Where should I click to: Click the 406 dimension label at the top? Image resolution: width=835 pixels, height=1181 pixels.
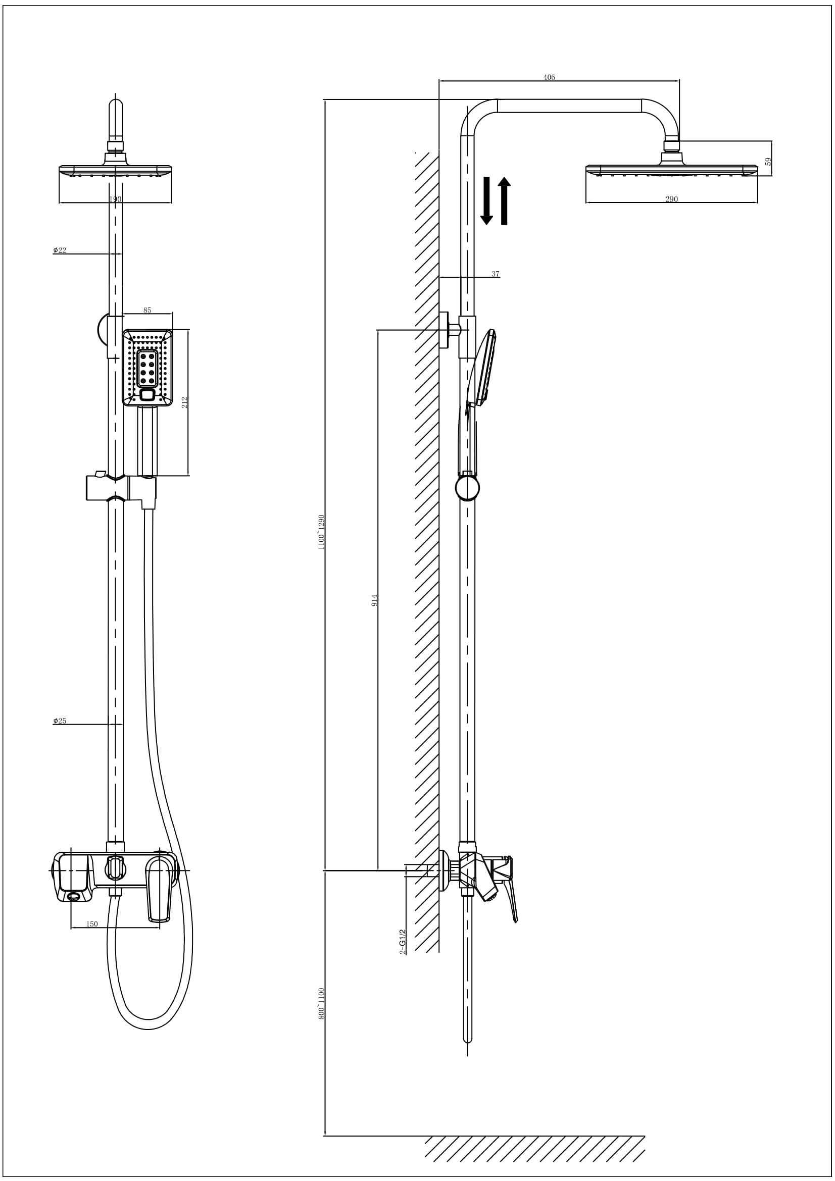[x=549, y=78]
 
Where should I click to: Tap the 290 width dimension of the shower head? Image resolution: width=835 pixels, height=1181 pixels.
[x=671, y=199]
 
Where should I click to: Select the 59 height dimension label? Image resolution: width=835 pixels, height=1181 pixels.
[x=769, y=161]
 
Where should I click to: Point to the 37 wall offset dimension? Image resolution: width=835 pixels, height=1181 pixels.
[x=496, y=274]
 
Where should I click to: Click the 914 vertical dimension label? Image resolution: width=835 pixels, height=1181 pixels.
[x=374, y=600]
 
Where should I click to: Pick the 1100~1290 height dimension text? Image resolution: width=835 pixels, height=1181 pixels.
[x=322, y=532]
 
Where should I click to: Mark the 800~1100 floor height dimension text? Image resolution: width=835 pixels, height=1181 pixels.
[x=322, y=1004]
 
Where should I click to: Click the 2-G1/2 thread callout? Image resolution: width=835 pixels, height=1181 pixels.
[x=403, y=942]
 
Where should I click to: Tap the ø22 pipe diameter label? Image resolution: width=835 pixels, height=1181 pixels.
[x=60, y=250]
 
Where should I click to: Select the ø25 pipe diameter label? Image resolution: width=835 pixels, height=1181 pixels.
[x=60, y=721]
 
